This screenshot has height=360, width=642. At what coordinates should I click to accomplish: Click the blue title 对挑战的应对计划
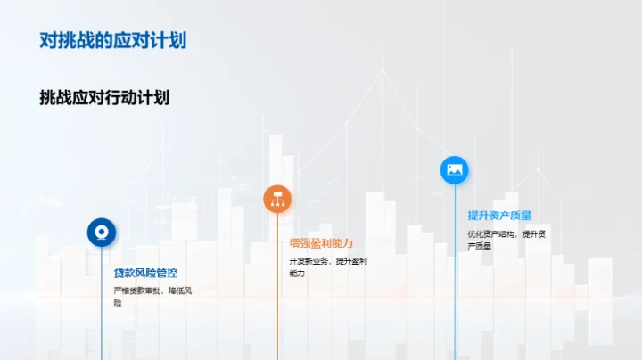pos(113,40)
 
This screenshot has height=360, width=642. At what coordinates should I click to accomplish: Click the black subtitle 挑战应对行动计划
pos(104,97)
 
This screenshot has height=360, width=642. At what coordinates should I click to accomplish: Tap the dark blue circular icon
pos(101,232)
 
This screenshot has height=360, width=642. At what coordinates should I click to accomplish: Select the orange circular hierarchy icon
pos(277,199)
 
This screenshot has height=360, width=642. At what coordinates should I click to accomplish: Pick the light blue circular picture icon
pos(455,169)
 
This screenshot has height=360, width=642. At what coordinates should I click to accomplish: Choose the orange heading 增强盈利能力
pos(321,243)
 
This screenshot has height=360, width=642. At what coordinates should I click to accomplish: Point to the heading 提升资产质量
pos(499,215)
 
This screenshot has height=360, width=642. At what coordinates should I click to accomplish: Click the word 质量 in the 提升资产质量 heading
pos(521,215)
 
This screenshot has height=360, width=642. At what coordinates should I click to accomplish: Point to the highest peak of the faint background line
pos(384,70)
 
